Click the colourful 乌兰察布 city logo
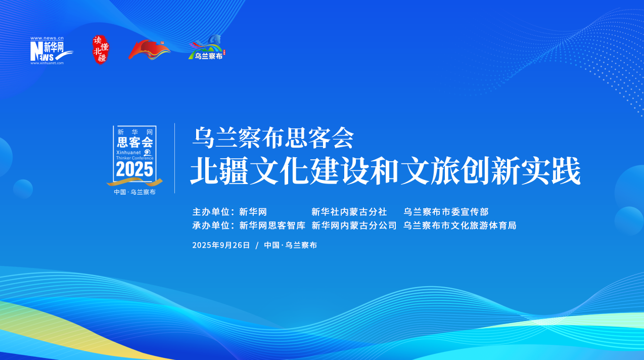point(206,49)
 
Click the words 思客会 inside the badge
point(134,142)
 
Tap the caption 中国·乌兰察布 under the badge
point(134,192)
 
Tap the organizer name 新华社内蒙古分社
point(349,212)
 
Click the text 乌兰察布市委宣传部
point(446,212)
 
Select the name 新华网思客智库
point(272,226)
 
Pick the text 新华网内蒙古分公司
point(354,226)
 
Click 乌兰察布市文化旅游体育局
point(459,226)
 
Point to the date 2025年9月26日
point(221,245)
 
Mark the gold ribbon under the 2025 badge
point(134,182)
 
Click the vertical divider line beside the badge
point(175,158)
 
